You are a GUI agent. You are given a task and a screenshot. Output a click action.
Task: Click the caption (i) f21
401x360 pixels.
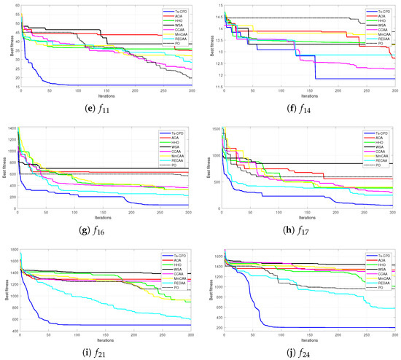(x=102, y=348)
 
